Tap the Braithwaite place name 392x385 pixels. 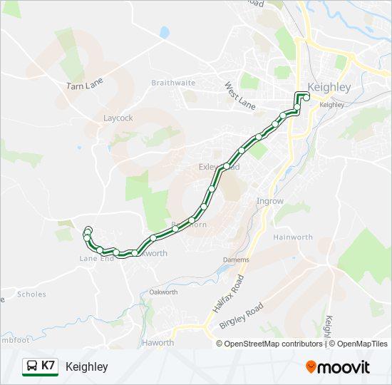pos(173,83)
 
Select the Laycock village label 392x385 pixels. pos(118,118)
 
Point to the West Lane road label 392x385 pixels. pos(239,96)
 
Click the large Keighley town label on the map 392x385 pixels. pos(329,88)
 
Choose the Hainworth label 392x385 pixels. pos(293,237)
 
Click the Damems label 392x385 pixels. pos(236,260)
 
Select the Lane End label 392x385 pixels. pos(97,258)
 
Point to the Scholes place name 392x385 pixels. pos(31,294)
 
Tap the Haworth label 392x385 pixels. pos(158,343)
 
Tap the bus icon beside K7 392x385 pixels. pos(31,366)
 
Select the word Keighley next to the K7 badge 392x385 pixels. pos(86,366)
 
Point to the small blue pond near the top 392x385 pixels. pos(165,32)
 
